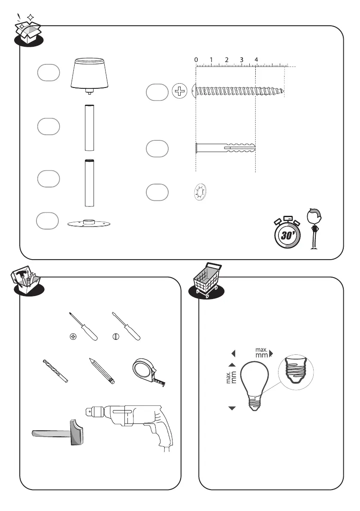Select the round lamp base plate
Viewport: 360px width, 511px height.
(x=90, y=224)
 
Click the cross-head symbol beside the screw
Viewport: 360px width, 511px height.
(x=179, y=91)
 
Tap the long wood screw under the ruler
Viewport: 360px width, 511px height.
(x=239, y=91)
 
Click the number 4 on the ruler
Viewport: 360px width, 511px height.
(x=256, y=60)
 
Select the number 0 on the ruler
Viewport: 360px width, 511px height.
(x=196, y=60)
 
